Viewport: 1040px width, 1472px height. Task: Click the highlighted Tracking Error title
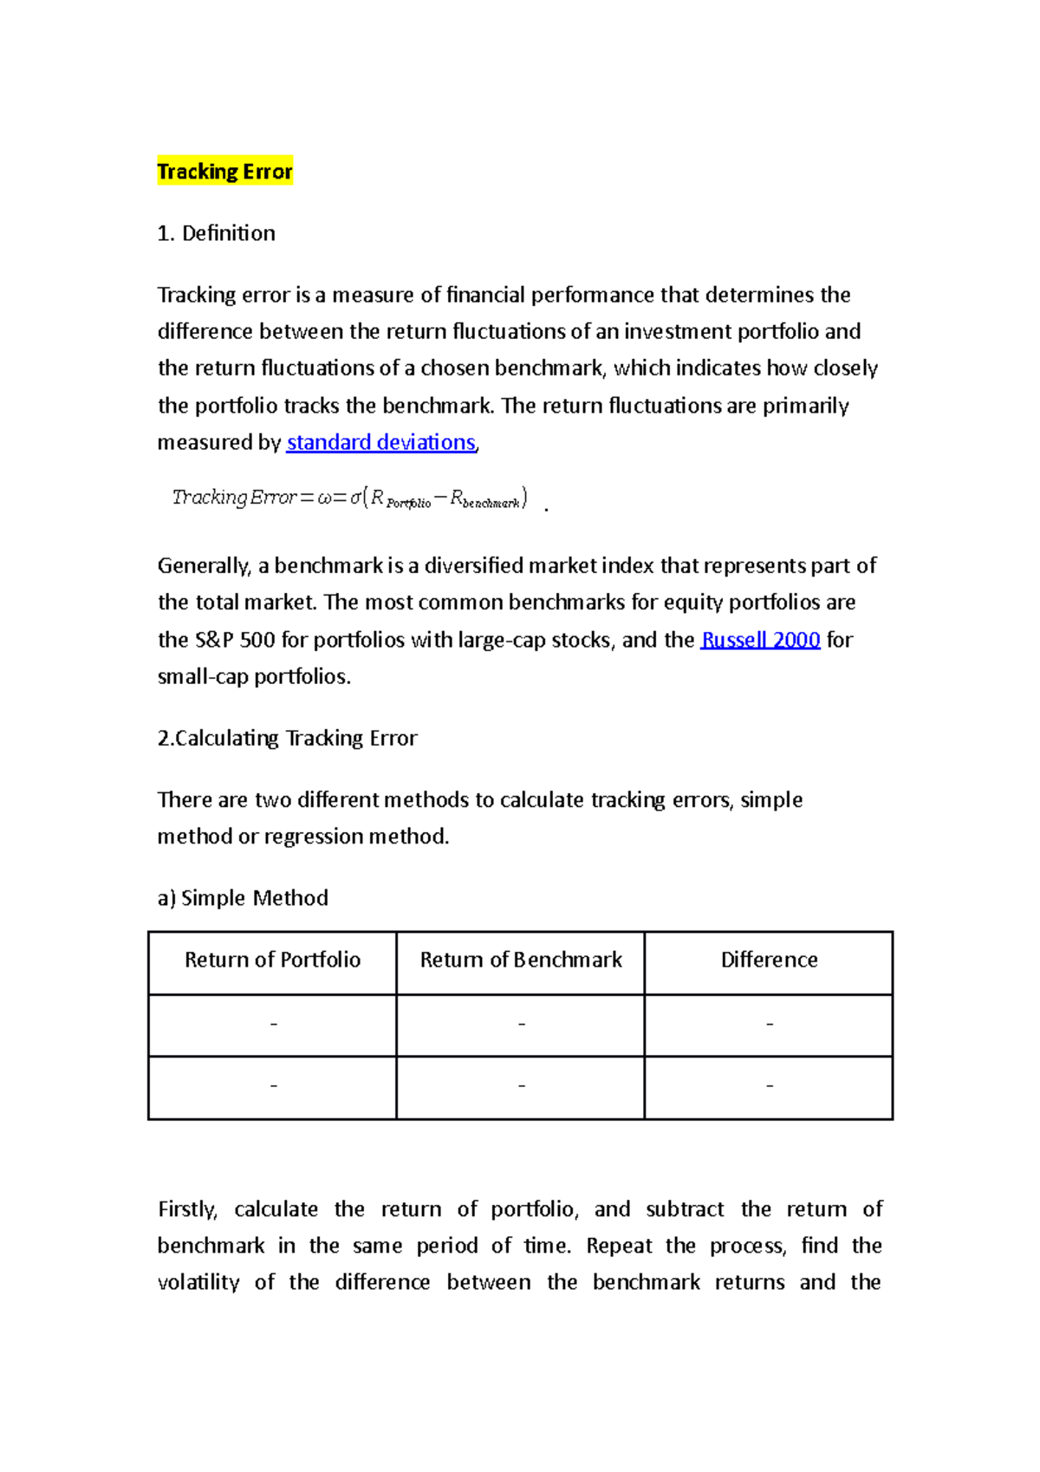[x=224, y=172]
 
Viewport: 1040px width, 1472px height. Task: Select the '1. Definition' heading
[x=216, y=233]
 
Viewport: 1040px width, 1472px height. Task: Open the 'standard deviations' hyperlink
[x=380, y=442]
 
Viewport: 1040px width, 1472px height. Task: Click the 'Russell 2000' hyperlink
[x=760, y=640]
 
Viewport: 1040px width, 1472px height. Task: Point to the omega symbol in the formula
[x=325, y=498]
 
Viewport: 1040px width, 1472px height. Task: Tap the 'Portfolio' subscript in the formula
[x=408, y=503]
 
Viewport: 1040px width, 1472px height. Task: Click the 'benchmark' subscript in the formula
[x=491, y=503]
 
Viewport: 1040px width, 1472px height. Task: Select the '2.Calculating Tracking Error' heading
[x=287, y=738]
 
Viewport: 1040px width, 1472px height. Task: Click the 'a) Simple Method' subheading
[x=243, y=898]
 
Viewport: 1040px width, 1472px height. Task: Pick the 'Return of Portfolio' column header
[x=272, y=960]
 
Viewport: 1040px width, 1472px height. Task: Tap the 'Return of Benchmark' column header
[x=521, y=960]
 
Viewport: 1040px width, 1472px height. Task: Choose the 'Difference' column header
[x=769, y=960]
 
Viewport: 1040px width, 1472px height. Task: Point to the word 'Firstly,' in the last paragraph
[x=187, y=1209]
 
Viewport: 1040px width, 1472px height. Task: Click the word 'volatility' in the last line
[x=198, y=1282]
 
